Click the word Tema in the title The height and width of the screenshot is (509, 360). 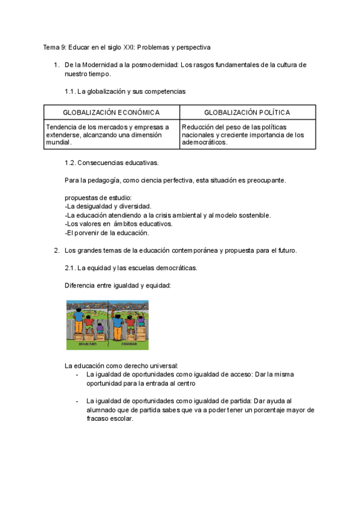click(x=51, y=47)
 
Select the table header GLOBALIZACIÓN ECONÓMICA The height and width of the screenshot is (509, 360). click(x=111, y=112)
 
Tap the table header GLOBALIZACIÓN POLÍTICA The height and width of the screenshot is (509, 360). click(x=247, y=112)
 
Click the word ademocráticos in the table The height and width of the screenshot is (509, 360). click(x=204, y=143)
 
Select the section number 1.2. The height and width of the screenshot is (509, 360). click(x=70, y=163)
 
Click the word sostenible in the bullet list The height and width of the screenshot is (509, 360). click(x=253, y=215)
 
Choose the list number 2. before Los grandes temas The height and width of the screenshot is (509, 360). click(x=56, y=250)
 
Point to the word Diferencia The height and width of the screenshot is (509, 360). click(x=80, y=285)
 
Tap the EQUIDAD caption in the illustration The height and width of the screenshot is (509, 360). click(x=128, y=345)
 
